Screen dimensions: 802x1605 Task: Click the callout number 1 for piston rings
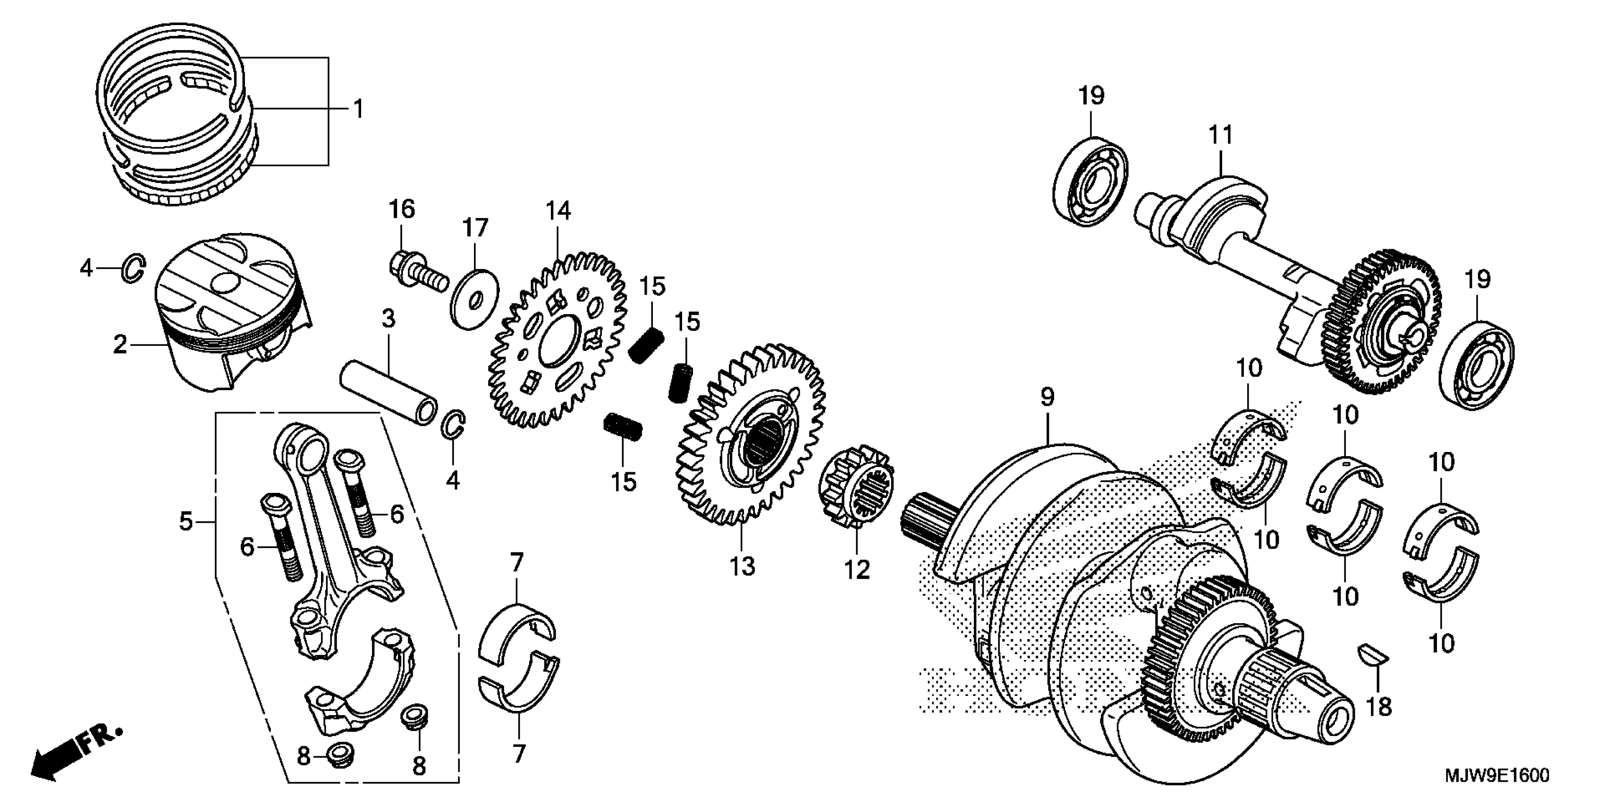click(x=358, y=109)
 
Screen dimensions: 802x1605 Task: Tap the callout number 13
click(x=742, y=566)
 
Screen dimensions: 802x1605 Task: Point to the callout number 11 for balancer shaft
click(x=1221, y=134)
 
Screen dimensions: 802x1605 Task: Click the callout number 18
click(x=1379, y=706)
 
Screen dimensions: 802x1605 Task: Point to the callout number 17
click(x=475, y=228)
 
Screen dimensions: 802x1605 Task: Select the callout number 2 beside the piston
click(x=119, y=344)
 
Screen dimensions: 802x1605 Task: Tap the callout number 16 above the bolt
click(x=402, y=209)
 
